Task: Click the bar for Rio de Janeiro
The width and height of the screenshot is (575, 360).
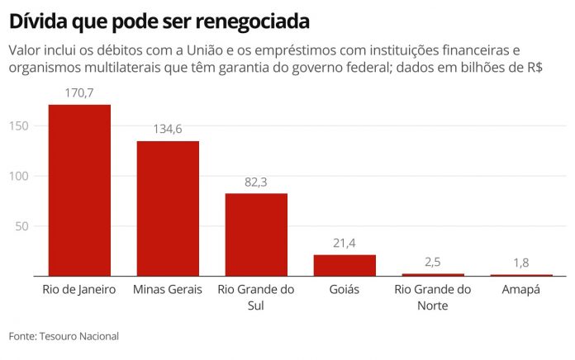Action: [79, 190]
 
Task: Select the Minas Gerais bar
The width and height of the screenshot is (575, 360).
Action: [168, 208]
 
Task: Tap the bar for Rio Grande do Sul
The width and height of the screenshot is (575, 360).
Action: [256, 234]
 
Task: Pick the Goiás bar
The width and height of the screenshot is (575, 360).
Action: [345, 265]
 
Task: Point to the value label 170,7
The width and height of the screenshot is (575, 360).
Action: [79, 92]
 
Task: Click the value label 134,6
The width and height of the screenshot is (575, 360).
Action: [168, 129]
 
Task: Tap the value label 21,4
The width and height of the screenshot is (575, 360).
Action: [345, 242]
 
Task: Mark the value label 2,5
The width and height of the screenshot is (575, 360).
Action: [433, 261]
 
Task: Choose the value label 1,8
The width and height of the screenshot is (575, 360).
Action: [521, 262]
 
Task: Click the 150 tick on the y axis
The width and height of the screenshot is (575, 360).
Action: [19, 126]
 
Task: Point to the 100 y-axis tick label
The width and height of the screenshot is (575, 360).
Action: [19, 176]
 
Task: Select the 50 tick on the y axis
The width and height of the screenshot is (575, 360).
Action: [22, 226]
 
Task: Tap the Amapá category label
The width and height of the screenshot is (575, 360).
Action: [521, 290]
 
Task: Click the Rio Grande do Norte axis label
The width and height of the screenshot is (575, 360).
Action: [433, 297]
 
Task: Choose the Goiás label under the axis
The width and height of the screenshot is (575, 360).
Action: [345, 290]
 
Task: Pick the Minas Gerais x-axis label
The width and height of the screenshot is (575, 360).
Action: [168, 290]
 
